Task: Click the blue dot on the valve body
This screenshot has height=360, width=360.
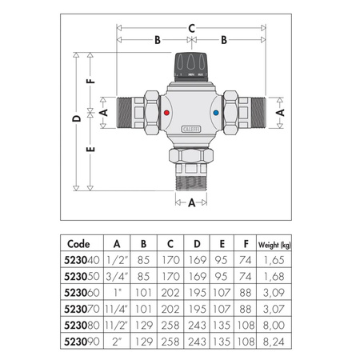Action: click(220, 115)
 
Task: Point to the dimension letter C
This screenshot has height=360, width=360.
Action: click(192, 28)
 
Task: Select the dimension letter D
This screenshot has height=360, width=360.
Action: click(76, 119)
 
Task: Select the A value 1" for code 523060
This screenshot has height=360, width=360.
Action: click(118, 292)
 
